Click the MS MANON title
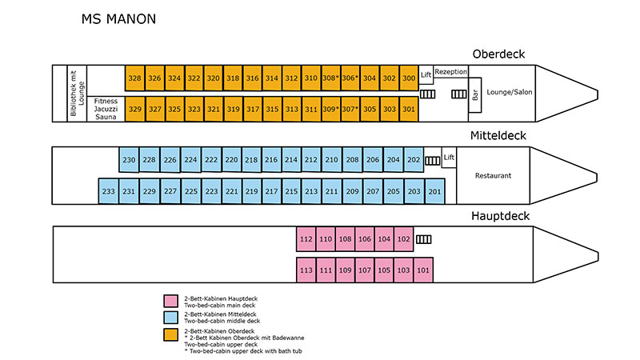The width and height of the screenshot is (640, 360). click(118, 18)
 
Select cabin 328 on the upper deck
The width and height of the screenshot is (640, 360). click(135, 78)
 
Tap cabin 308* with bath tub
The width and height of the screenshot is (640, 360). click(330, 78)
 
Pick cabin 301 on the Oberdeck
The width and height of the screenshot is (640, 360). click(409, 109)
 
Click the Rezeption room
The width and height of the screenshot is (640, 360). click(451, 72)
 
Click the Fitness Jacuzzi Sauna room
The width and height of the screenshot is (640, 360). click(106, 109)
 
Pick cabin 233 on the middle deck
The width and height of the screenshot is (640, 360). click(109, 191)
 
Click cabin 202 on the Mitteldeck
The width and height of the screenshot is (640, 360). click(414, 160)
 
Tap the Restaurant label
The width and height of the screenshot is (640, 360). click(493, 175)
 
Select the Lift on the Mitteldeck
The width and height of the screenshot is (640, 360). click(449, 157)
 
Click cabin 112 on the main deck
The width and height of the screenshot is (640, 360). click(306, 239)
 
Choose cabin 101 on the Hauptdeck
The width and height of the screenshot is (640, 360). click(423, 270)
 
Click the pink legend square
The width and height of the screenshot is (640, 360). click(170, 301)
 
